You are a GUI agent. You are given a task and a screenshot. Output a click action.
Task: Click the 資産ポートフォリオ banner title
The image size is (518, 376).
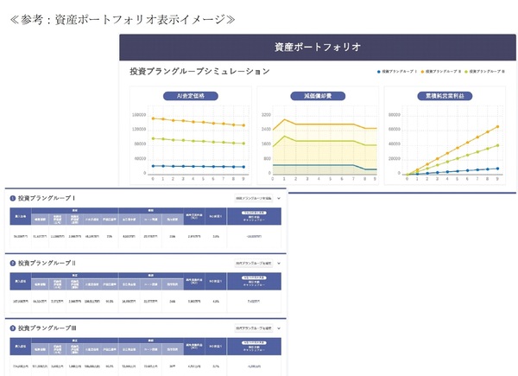[x=317, y=47]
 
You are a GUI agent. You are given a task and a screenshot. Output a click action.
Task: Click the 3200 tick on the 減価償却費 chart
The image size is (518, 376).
[x=265, y=114]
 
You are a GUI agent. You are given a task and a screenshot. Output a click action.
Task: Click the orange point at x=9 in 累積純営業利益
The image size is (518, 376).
[x=497, y=126]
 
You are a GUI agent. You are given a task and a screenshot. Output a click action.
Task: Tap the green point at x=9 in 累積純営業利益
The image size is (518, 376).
[x=497, y=145]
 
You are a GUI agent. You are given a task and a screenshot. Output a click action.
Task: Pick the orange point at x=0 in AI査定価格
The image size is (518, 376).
[x=153, y=118]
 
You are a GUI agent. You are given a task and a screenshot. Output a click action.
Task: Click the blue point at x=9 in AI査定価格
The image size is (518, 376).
[x=244, y=167]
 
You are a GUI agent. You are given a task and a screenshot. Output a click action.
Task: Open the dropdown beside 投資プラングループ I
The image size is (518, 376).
[x=257, y=198]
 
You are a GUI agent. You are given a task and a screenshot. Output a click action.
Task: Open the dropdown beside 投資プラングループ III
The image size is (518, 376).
[x=257, y=328]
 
